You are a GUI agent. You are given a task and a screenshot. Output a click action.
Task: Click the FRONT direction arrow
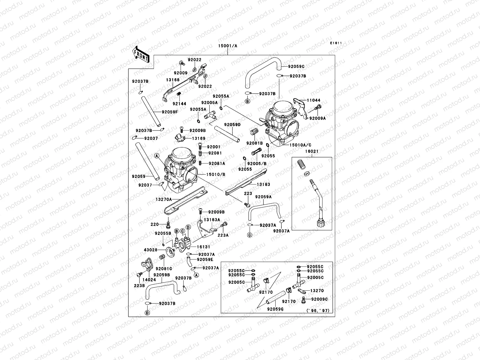(141, 54)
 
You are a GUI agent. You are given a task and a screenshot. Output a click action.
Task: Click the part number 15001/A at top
(227, 46)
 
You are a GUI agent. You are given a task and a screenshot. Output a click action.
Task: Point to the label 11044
(313, 100)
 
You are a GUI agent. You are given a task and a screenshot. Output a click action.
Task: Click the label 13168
(173, 80)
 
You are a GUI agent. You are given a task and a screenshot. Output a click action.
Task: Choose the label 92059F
(169, 112)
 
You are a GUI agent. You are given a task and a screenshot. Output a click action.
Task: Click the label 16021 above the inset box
(312, 151)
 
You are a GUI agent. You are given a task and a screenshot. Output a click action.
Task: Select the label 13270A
(164, 199)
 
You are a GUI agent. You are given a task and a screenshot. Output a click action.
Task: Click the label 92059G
(275, 309)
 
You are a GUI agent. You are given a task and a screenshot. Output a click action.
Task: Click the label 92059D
(232, 124)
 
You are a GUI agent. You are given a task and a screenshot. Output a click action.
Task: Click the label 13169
(199, 138)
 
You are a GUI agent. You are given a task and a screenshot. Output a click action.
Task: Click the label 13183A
(212, 220)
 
